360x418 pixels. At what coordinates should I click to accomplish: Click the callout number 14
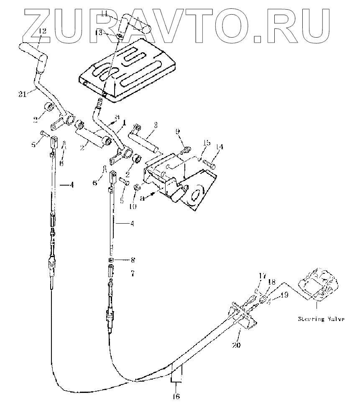220,148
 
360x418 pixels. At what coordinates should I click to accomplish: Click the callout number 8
133,260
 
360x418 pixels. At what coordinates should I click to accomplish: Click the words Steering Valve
321,319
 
